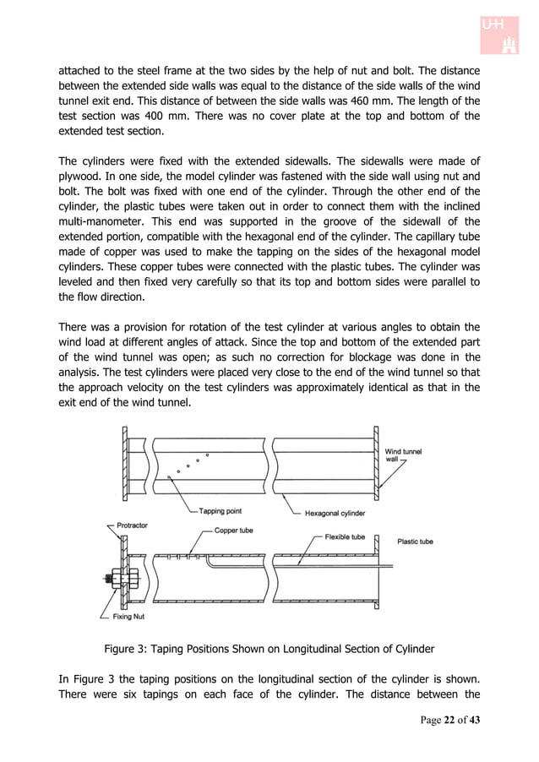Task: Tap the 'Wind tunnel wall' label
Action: [404, 455]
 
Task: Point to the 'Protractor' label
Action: [132, 525]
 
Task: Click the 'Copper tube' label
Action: [233, 531]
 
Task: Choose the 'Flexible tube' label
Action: [345, 536]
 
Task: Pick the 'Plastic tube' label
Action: [415, 542]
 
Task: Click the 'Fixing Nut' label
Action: [127, 618]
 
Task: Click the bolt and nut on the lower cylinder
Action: [114, 580]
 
